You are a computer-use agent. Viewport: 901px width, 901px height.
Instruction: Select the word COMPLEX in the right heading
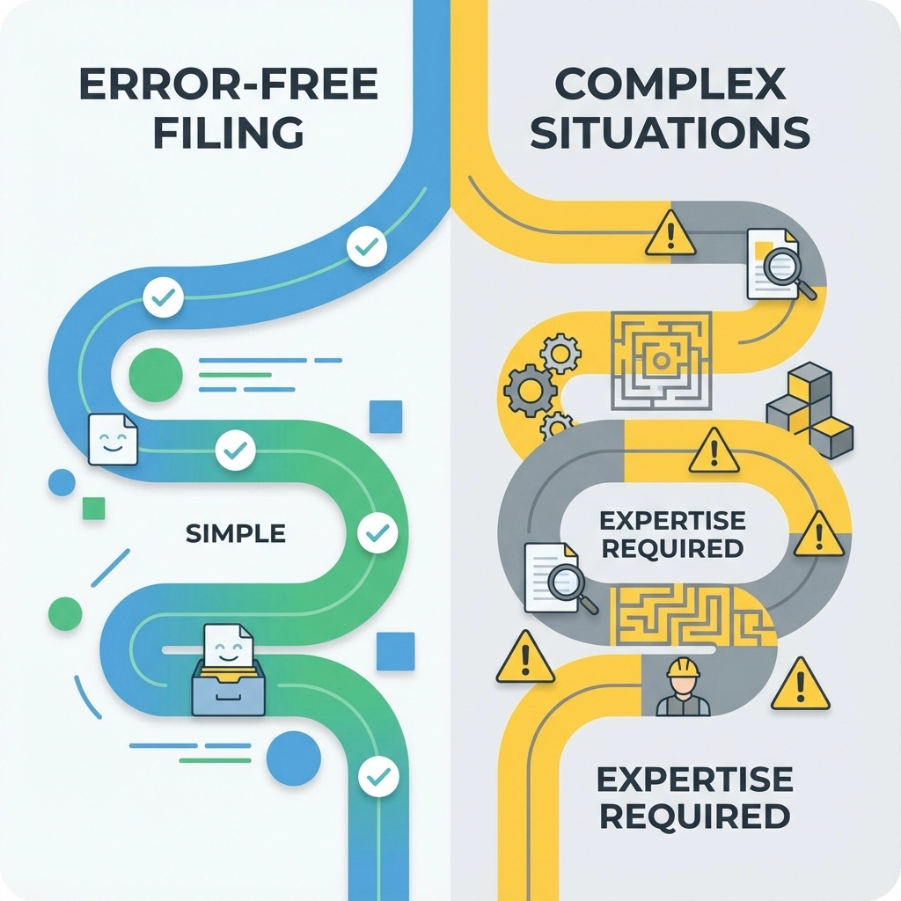(x=670, y=85)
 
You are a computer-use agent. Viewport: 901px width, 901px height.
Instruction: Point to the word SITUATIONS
(x=670, y=133)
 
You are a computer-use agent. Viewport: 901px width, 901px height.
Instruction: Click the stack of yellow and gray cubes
(x=809, y=409)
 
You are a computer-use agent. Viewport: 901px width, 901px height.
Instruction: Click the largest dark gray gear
(x=530, y=391)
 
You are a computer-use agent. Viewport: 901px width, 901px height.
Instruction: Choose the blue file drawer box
(x=229, y=688)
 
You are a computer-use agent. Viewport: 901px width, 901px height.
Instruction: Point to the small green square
(x=93, y=508)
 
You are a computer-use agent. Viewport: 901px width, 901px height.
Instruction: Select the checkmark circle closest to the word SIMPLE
(x=378, y=532)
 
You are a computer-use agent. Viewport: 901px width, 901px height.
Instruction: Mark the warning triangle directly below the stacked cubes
(x=818, y=533)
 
